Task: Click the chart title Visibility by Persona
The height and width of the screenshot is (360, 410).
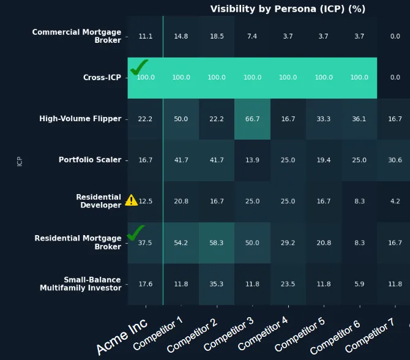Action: click(288, 9)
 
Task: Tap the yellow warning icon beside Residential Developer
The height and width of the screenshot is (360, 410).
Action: click(132, 200)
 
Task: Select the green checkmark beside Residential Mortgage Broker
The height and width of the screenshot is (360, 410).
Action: click(136, 233)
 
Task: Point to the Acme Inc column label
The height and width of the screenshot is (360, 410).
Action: click(122, 337)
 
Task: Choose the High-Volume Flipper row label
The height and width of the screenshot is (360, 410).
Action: click(80, 119)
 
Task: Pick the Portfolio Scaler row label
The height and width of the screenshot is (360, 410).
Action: click(90, 160)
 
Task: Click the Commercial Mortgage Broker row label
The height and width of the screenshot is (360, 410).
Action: click(76, 36)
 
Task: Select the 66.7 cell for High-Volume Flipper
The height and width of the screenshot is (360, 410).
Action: click(252, 119)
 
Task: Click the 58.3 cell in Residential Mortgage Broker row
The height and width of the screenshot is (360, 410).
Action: click(217, 242)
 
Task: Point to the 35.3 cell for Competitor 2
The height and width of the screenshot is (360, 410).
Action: click(217, 284)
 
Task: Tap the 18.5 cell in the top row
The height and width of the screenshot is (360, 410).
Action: click(217, 37)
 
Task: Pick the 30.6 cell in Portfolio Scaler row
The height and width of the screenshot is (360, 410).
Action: click(395, 160)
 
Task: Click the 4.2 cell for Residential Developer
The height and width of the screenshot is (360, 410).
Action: click(395, 201)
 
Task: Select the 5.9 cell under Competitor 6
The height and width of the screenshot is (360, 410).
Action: click(359, 284)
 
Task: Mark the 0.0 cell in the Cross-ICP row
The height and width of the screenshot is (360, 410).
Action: click(395, 78)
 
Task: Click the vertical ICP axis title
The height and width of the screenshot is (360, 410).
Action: click(20, 161)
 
